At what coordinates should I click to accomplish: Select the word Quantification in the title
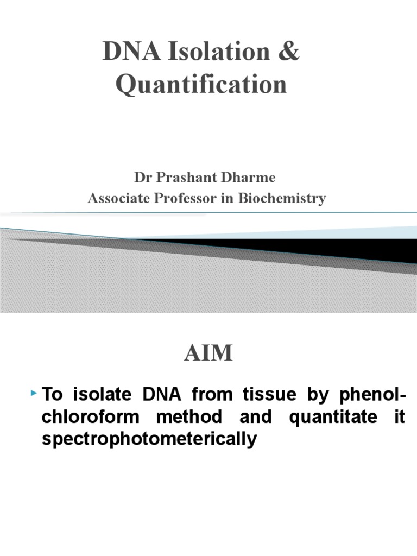point(201,85)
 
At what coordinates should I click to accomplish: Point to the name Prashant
point(180,177)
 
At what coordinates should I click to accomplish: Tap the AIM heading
point(208,353)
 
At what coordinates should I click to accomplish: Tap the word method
point(187,417)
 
